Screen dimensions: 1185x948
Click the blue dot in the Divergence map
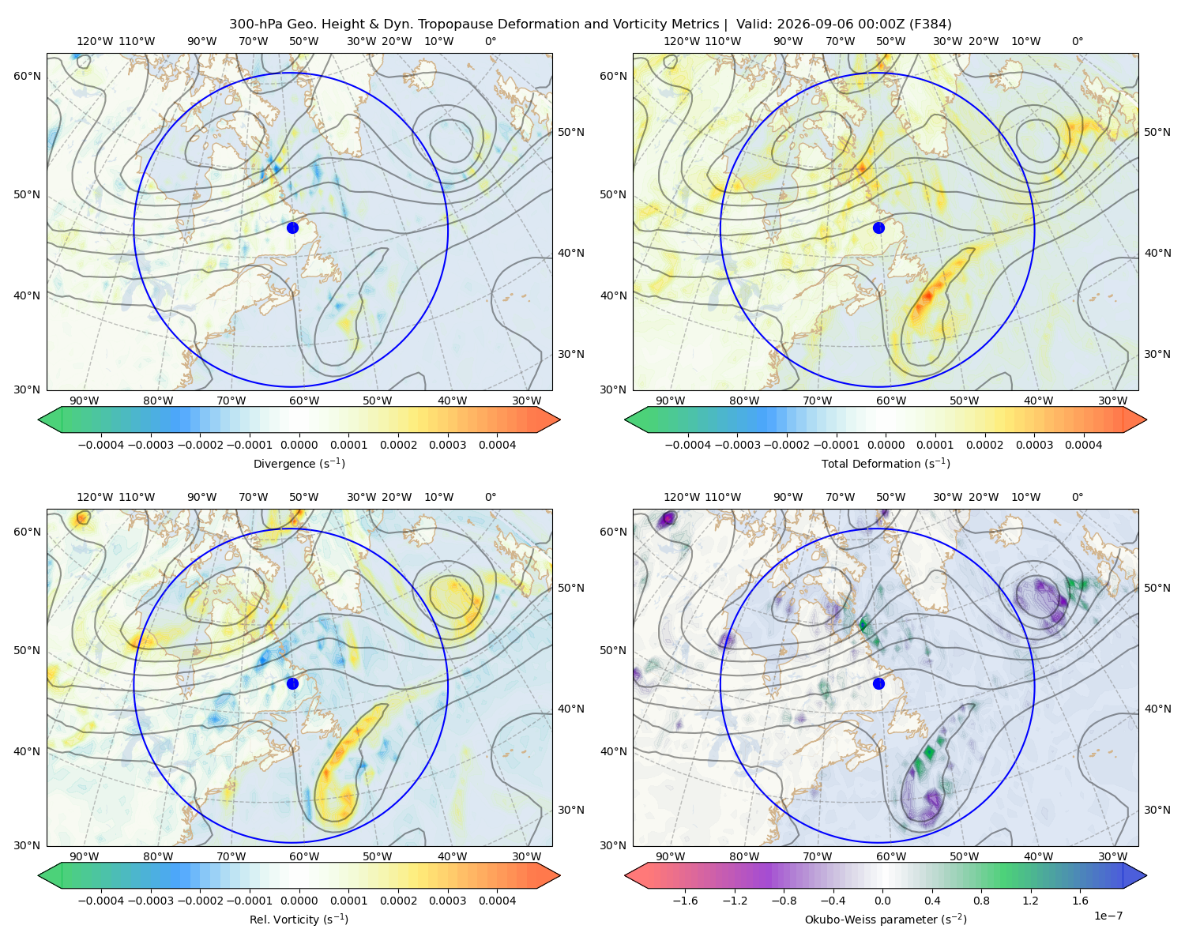tap(292, 228)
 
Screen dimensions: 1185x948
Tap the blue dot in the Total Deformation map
tap(878, 228)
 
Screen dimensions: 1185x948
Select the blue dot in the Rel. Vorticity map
tap(292, 683)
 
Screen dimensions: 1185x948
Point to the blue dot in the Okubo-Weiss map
tap(878, 683)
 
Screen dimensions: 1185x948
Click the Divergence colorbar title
tap(299, 463)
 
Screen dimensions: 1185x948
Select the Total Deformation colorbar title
tap(886, 463)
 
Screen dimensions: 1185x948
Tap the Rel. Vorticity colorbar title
tap(299, 920)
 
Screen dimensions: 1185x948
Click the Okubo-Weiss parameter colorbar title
tap(886, 920)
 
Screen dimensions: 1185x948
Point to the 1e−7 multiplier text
tap(1108, 916)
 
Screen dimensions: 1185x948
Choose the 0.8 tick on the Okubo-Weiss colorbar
tap(981, 901)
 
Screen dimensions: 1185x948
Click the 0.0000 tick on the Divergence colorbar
tap(299, 445)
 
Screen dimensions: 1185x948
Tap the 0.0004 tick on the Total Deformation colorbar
tap(1084, 445)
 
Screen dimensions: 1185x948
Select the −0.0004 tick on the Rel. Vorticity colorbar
tap(101, 901)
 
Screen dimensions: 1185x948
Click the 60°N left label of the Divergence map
tap(27, 76)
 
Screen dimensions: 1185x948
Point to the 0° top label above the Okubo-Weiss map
tap(1077, 497)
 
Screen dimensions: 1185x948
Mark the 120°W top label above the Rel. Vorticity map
tap(95, 497)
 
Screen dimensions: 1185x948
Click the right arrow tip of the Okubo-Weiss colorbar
tap(1146, 875)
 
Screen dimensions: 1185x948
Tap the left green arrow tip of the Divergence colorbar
tap(39, 419)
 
